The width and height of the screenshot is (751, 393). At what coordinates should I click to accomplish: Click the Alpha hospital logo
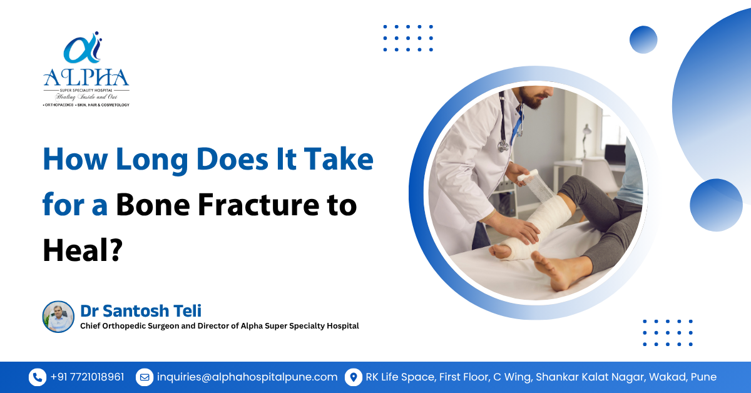(x=86, y=69)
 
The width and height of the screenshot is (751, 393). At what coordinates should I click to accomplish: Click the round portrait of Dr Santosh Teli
(x=58, y=316)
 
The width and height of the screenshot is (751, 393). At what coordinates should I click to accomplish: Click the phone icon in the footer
(x=37, y=377)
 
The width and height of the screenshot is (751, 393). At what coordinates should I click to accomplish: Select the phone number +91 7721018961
(x=87, y=377)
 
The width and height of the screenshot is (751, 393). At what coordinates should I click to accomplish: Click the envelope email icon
(x=144, y=377)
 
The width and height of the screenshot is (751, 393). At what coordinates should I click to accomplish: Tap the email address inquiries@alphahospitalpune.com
(x=247, y=377)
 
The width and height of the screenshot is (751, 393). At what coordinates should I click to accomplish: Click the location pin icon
(x=354, y=377)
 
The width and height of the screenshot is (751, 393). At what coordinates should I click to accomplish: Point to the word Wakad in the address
(x=666, y=377)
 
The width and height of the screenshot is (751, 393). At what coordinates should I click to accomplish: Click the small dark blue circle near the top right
(x=643, y=39)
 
